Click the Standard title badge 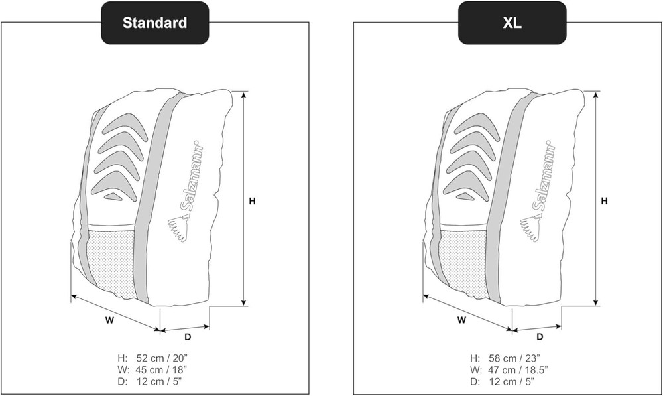[x=154, y=23]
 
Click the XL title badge [x=512, y=23]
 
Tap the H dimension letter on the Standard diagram [x=252, y=202]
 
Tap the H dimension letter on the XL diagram [x=604, y=201]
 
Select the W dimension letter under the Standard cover [x=109, y=320]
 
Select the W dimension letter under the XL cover [x=461, y=320]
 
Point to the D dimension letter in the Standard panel [x=188, y=337]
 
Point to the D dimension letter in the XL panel [x=540, y=337]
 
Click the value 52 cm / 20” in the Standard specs [x=162, y=358]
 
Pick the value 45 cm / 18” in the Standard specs [x=161, y=369]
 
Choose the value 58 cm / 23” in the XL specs [x=514, y=358]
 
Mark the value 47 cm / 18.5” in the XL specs [x=518, y=369]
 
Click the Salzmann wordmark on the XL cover [x=544, y=176]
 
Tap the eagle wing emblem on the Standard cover [x=178, y=229]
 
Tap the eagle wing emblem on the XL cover [x=530, y=229]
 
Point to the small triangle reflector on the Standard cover [x=113, y=196]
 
